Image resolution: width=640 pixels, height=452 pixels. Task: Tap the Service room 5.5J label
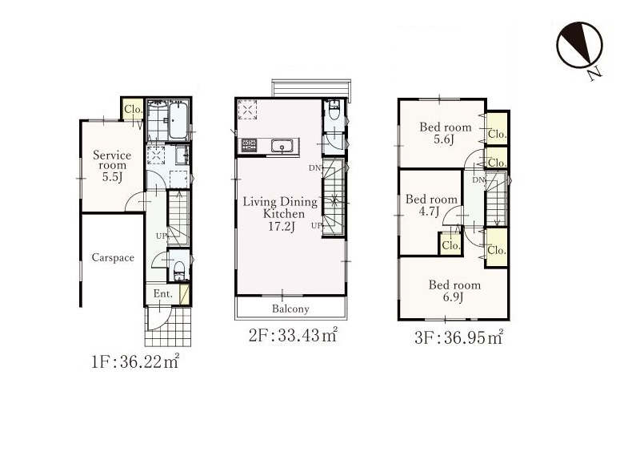(112, 166)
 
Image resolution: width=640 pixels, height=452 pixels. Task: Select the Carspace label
(113, 257)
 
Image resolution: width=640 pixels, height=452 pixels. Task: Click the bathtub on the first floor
(178, 120)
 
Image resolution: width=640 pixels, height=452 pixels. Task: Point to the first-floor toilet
(178, 270)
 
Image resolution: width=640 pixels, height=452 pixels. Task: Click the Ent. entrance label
(163, 293)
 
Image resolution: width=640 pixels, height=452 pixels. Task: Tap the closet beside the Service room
(133, 109)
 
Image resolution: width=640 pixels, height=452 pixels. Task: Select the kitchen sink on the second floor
(282, 146)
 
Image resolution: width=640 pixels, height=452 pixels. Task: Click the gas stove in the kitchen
(249, 146)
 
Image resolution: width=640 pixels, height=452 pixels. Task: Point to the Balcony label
(290, 309)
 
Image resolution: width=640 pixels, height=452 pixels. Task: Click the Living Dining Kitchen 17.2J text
(280, 213)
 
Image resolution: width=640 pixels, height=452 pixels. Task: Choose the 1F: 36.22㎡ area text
(134, 361)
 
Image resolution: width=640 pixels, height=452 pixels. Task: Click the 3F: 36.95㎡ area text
(458, 337)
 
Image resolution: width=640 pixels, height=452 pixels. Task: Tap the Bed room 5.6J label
(446, 133)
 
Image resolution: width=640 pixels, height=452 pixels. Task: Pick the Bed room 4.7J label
(431, 205)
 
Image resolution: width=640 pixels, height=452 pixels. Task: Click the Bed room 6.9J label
(454, 290)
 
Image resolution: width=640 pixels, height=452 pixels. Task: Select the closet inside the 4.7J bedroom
(450, 244)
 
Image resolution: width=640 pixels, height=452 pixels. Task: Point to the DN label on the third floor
(478, 180)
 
